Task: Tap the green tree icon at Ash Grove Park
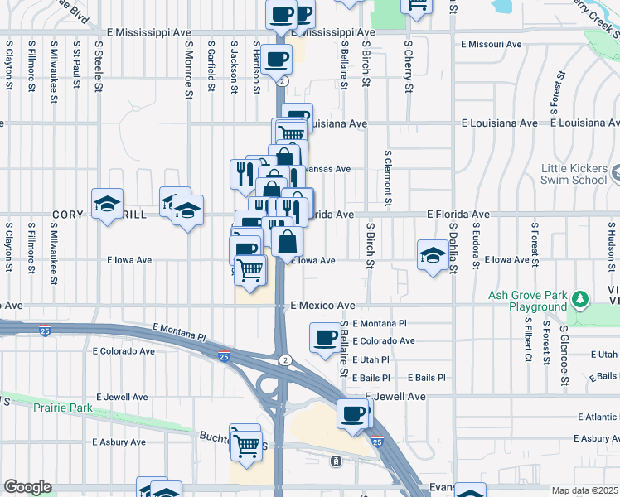[582, 298]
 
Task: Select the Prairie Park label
[63, 407]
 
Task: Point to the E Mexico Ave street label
[322, 306]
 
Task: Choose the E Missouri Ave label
[492, 43]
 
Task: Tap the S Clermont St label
[387, 176]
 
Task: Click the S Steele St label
[99, 62]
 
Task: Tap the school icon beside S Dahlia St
[433, 258]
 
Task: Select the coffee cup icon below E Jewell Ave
[353, 413]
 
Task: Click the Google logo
[27, 487]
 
